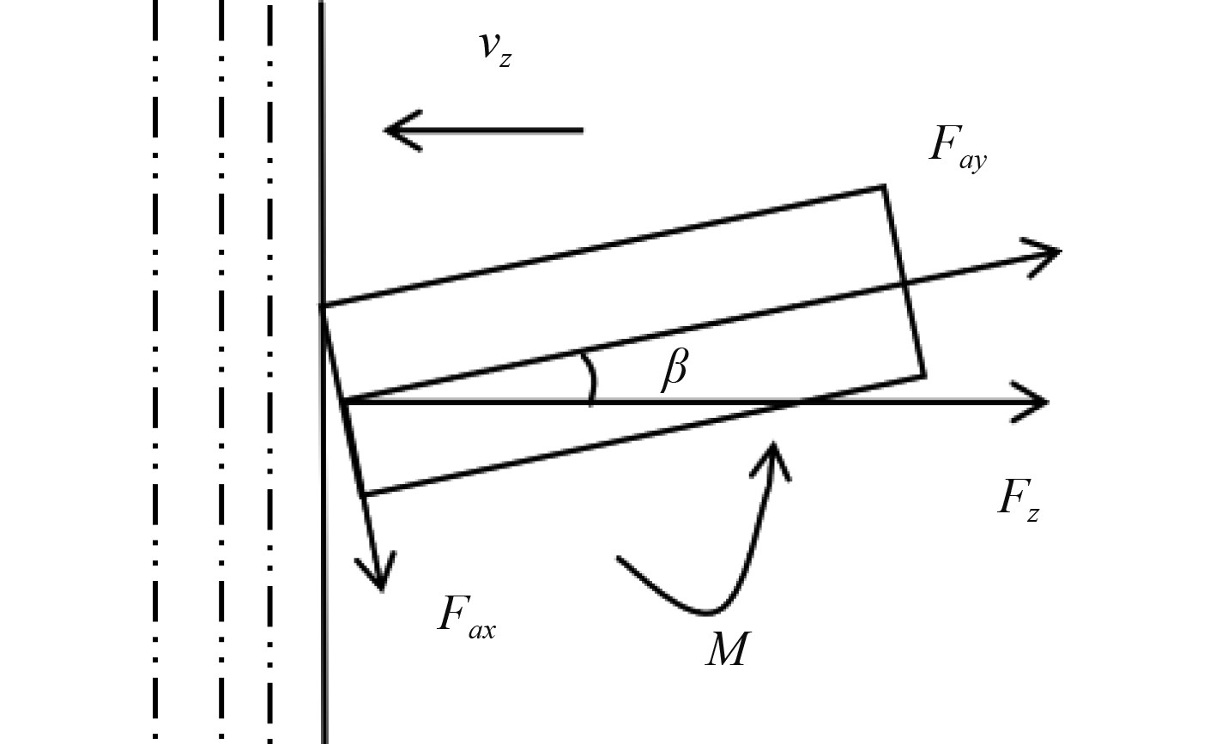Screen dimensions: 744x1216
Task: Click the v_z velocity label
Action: click(x=495, y=49)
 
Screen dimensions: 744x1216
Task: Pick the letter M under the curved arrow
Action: click(x=727, y=649)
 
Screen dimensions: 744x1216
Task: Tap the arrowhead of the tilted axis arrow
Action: click(x=1052, y=251)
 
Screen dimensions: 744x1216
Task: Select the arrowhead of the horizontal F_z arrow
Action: click(x=1038, y=402)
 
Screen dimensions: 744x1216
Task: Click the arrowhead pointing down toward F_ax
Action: click(x=379, y=580)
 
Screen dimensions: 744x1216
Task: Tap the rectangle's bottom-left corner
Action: click(x=365, y=493)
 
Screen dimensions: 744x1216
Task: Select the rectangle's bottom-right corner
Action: click(x=924, y=375)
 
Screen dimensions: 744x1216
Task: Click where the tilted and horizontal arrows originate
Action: click(x=342, y=401)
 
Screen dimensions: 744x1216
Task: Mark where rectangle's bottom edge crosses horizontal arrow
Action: click(x=798, y=402)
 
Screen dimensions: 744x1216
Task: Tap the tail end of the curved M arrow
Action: click(x=619, y=559)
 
